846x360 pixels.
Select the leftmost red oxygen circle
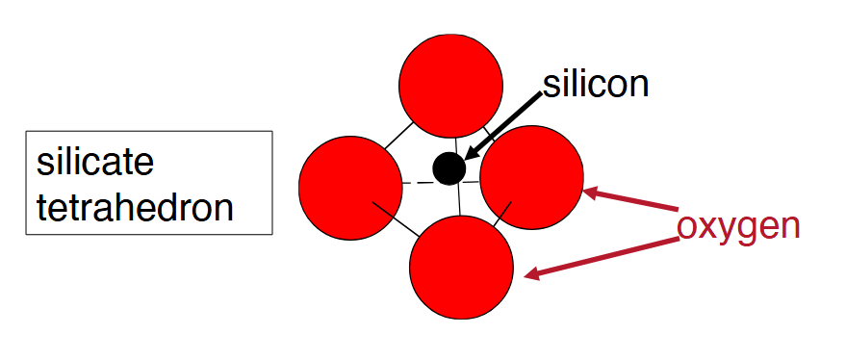350,185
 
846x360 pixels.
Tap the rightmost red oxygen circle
531,178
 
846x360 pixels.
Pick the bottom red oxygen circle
461,267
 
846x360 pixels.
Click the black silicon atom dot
449,168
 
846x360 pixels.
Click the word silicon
596,85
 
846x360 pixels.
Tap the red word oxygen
738,227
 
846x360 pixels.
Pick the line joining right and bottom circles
500,220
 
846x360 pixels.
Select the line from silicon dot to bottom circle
459,199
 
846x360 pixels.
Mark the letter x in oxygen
713,227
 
